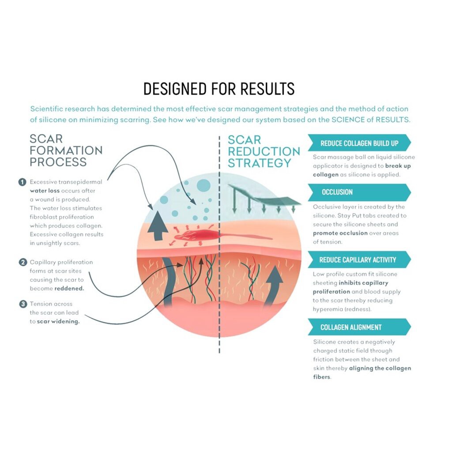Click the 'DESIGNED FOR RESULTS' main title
pyautogui.click(x=219, y=88)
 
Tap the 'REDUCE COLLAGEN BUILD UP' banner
pyautogui.click(x=359, y=143)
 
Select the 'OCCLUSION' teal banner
pyautogui.click(x=359, y=192)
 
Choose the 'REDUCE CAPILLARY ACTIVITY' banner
pyautogui.click(x=359, y=260)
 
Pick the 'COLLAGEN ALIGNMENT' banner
pyautogui.click(x=359, y=327)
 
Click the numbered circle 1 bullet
pyautogui.click(x=22, y=182)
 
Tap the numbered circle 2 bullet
pyautogui.click(x=23, y=262)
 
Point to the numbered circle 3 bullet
pyautogui.click(x=23, y=304)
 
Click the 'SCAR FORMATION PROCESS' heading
pyautogui.click(x=66, y=151)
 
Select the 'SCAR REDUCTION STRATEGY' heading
pyautogui.click(x=264, y=152)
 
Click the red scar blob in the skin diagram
pyautogui.click(x=196, y=235)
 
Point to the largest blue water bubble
pyautogui.click(x=203, y=185)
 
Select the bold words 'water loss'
pyautogui.click(x=45, y=191)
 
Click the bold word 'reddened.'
pyautogui.click(x=69, y=289)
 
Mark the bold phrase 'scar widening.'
pyautogui.click(x=58, y=321)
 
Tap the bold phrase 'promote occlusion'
pyautogui.click(x=340, y=233)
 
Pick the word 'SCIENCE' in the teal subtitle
pyautogui.click(x=348, y=120)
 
